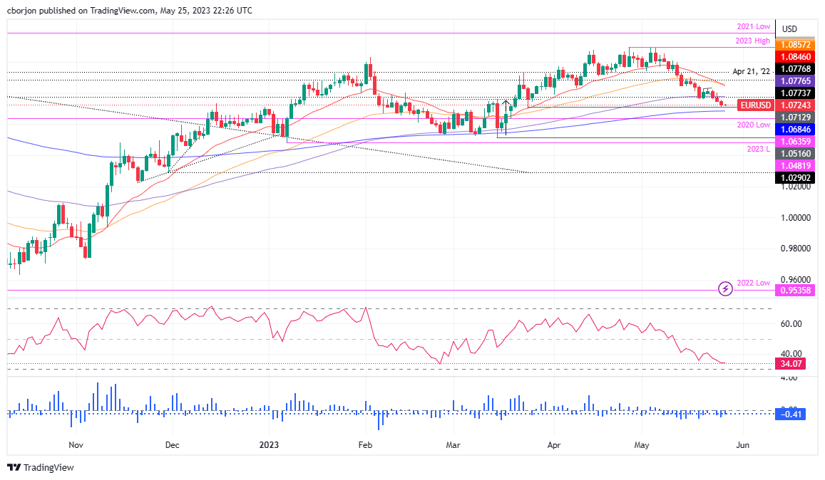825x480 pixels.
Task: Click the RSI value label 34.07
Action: click(x=792, y=363)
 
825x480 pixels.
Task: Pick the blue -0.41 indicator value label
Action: click(x=792, y=414)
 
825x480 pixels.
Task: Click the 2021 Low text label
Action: click(x=753, y=26)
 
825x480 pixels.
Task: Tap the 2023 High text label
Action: click(x=752, y=41)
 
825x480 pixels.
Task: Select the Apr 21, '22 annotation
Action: click(x=752, y=72)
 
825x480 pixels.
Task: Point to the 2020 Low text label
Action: click(x=753, y=125)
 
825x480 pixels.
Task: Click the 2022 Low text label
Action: click(x=753, y=283)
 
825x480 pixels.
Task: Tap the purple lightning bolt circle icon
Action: click(x=725, y=288)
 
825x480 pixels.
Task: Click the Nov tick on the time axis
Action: click(x=76, y=444)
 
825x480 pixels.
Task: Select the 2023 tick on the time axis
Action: click(x=269, y=444)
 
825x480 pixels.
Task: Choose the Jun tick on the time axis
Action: click(x=742, y=444)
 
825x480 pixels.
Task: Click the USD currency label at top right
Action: click(x=789, y=29)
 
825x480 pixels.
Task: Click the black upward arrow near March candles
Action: click(x=506, y=107)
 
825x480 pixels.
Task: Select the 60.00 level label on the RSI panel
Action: click(x=792, y=323)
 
